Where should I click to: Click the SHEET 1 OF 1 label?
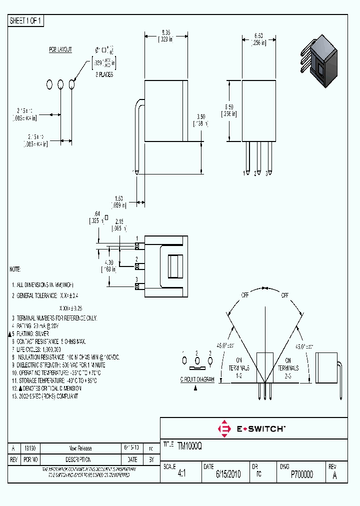(26, 20)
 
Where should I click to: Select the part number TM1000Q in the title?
(189, 444)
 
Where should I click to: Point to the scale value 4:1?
(181, 474)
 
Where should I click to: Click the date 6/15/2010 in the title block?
(228, 474)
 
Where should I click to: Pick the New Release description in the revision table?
(80, 448)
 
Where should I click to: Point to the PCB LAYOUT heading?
(60, 49)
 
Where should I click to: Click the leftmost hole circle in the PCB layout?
(49, 84)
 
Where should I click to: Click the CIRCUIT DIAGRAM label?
(197, 379)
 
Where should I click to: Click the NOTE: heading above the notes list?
(15, 269)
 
